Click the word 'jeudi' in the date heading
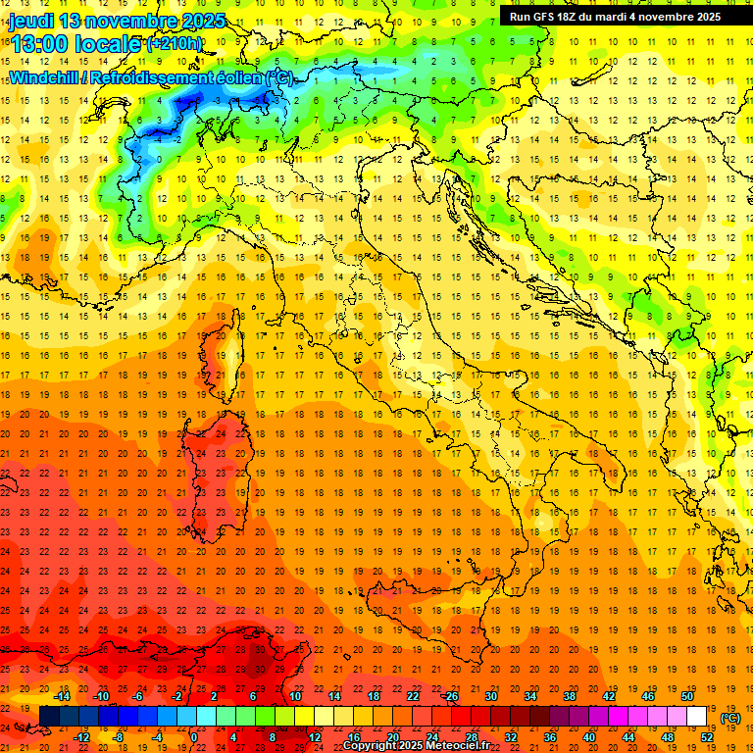(32, 20)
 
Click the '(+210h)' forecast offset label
(175, 44)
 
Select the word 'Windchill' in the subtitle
(44, 77)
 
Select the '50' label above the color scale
(686, 696)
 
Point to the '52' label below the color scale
(707, 736)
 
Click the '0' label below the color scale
(193, 736)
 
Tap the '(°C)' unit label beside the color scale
(730, 718)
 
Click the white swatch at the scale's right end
(697, 716)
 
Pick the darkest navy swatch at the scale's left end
(49, 716)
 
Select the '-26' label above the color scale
(450, 696)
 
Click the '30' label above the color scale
(490, 696)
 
